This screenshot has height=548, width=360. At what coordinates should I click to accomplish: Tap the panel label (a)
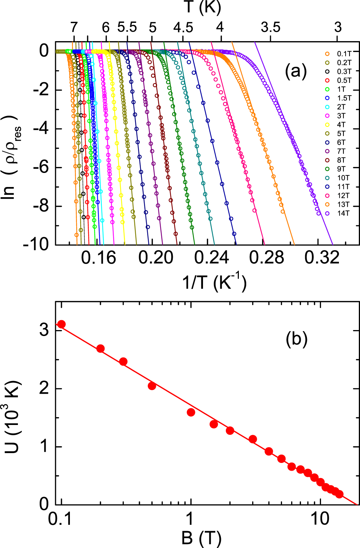(295, 71)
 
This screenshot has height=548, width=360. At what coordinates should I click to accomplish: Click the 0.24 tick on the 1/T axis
(211, 258)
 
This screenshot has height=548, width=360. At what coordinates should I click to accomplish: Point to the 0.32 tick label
(322, 258)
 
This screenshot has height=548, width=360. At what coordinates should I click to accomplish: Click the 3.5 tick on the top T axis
(271, 27)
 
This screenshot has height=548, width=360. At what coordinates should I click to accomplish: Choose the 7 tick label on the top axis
(73, 27)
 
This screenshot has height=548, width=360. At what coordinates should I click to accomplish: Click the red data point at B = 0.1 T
(61, 324)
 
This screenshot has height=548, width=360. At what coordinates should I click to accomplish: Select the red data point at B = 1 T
(191, 412)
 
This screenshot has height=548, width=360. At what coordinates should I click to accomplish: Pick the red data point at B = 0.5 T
(152, 386)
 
